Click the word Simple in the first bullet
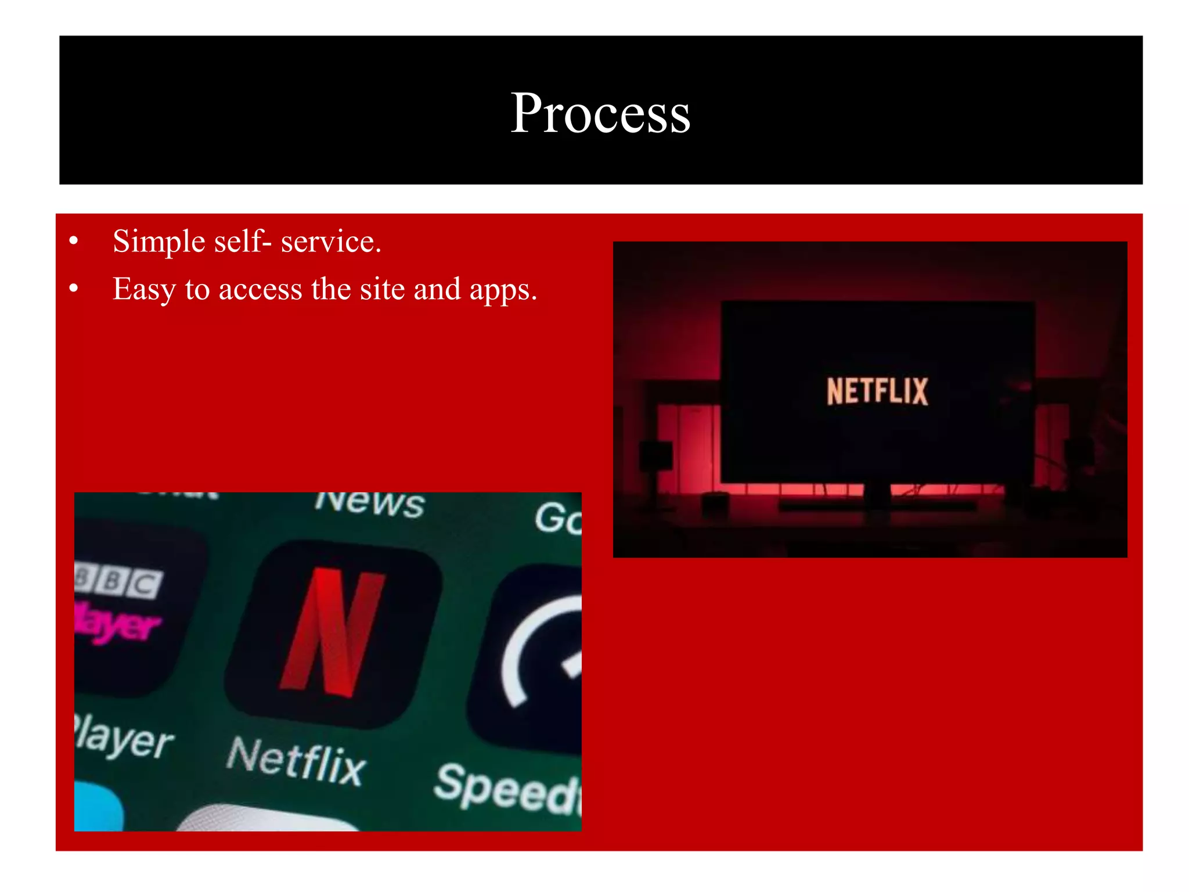click(x=158, y=242)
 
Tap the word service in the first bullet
click(x=330, y=242)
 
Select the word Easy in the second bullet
click(x=143, y=290)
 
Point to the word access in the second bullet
click(x=260, y=290)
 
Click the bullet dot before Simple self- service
click(x=73, y=240)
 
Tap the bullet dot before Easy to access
click(x=73, y=288)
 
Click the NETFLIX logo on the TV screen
click(x=877, y=391)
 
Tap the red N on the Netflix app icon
click(x=333, y=633)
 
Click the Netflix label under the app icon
click(x=296, y=761)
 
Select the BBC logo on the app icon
click(x=119, y=582)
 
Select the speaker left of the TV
click(x=655, y=456)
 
